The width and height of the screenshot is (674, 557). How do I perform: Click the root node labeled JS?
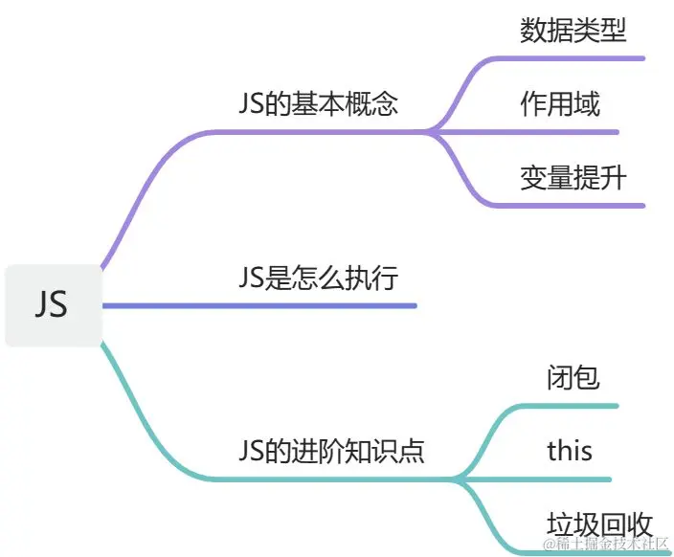52,304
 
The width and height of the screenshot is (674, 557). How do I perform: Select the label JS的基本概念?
318,104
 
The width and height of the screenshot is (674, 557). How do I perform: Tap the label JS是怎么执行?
318,278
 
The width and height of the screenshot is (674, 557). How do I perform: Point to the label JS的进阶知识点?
331,450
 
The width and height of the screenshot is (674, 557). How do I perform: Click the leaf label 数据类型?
573,31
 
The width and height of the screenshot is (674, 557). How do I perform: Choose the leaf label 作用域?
560,103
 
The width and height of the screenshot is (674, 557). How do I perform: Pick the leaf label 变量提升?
573,177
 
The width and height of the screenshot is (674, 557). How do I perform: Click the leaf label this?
570,450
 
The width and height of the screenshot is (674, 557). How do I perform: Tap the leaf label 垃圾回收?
599,524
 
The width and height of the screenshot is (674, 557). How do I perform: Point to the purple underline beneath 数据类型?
574,58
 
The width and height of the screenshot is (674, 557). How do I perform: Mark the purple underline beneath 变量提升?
574,205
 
